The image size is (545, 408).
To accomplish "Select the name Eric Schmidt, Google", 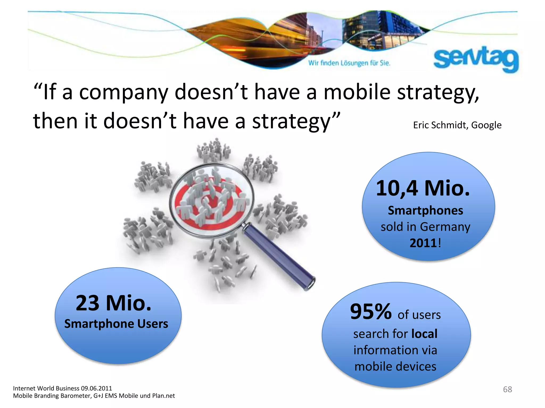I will (457, 125).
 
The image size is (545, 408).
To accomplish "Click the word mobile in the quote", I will (357, 92).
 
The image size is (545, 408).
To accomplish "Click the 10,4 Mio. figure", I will (423, 188).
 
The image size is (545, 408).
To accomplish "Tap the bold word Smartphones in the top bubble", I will (425, 211).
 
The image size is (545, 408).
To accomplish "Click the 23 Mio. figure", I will (114, 303).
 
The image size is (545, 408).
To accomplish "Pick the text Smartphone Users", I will (116, 324).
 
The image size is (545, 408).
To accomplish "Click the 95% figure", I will (371, 312).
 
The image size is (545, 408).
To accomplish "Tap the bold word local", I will (424, 334).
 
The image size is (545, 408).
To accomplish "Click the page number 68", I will (507, 389).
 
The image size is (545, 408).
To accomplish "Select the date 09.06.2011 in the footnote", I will (96, 388).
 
